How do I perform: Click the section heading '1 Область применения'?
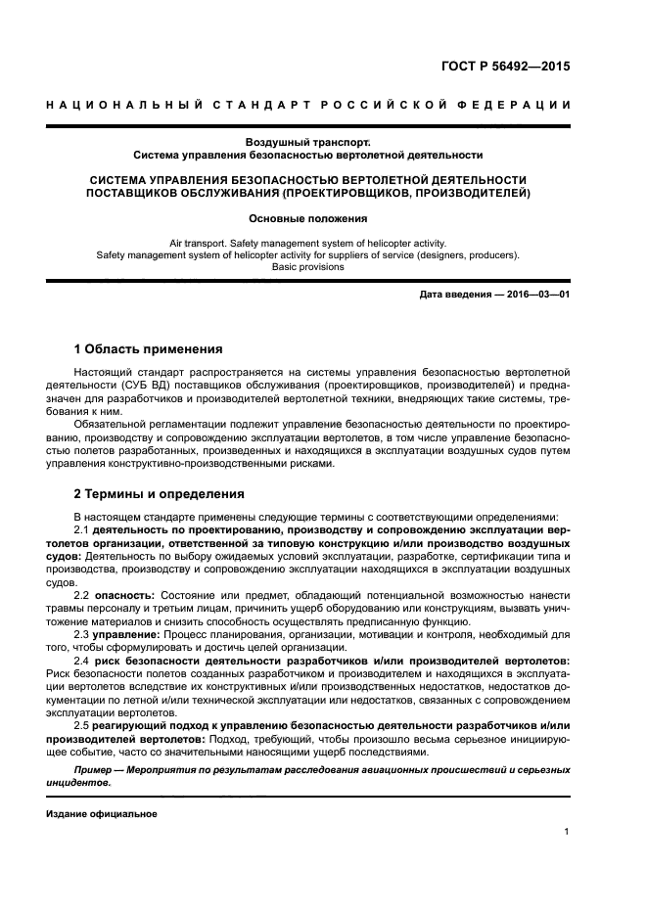tap(148, 349)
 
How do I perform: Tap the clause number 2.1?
tap(82, 528)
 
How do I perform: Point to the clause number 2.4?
tap(82, 661)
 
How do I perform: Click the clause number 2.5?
tap(82, 725)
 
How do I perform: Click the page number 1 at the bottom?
tap(567, 832)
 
